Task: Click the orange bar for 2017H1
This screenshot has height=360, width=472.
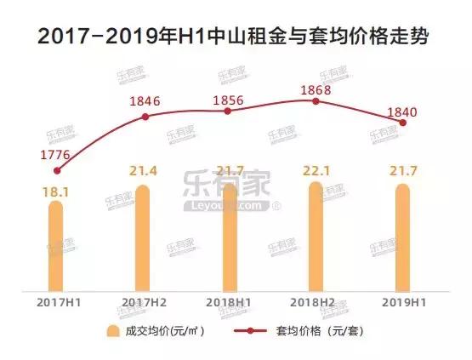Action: tap(55, 243)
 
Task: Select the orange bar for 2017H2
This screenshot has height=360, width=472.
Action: tap(143, 237)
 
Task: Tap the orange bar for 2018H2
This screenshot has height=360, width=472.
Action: tap(316, 236)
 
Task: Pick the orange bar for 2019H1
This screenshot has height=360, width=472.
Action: tap(403, 237)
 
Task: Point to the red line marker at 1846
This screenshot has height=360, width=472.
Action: tap(144, 117)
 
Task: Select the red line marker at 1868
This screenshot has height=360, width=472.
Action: tap(316, 101)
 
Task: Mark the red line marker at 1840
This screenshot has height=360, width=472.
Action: tap(403, 123)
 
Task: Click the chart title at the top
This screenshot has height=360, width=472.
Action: tap(236, 38)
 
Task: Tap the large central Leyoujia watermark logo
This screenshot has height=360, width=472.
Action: tap(231, 192)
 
